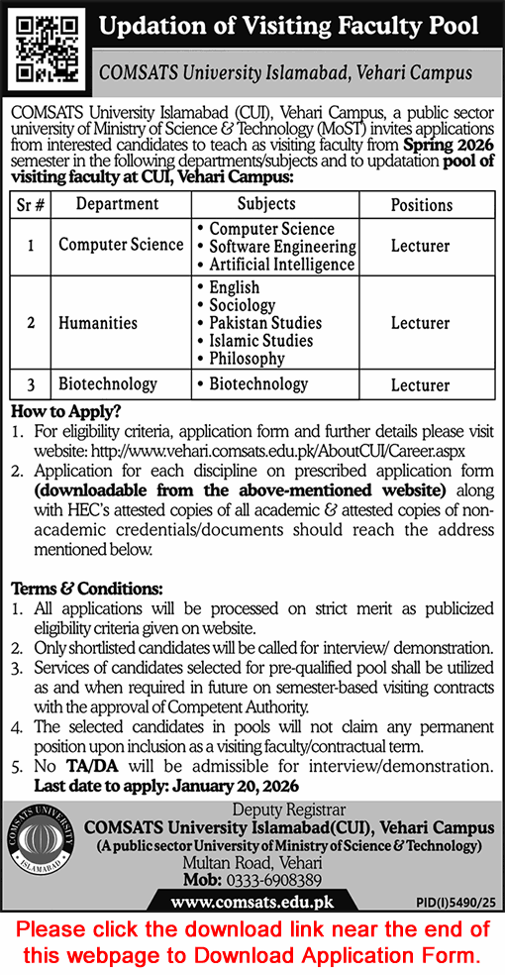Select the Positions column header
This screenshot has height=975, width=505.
coord(421,204)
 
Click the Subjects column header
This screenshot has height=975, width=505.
coord(266,203)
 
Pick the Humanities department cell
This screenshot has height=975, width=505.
coord(97,323)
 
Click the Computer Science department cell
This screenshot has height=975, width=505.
coord(121,245)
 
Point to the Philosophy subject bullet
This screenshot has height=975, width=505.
coord(247,359)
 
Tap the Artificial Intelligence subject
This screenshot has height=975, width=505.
coord(282,265)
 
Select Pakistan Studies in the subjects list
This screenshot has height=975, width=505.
coord(265,323)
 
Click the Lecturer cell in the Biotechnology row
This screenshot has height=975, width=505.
coord(421,384)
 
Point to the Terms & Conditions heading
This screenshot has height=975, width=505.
coord(87,588)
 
